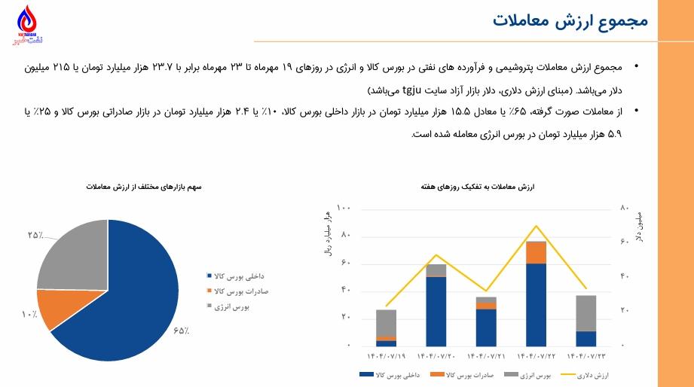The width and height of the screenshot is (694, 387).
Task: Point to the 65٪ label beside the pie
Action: click(x=181, y=331)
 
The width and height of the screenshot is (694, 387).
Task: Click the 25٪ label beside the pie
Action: click(x=35, y=236)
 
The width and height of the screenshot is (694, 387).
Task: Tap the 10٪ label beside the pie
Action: click(x=29, y=312)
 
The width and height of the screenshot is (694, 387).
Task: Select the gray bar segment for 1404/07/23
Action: click(x=585, y=312)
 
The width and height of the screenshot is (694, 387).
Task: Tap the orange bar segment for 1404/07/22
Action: click(x=536, y=252)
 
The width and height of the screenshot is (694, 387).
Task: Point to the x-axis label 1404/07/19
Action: click(x=386, y=355)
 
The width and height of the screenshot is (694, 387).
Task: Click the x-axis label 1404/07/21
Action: click(x=486, y=355)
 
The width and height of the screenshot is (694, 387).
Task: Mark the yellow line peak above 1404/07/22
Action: click(x=536, y=225)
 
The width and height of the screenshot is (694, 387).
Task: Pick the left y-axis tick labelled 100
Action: click(x=344, y=208)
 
